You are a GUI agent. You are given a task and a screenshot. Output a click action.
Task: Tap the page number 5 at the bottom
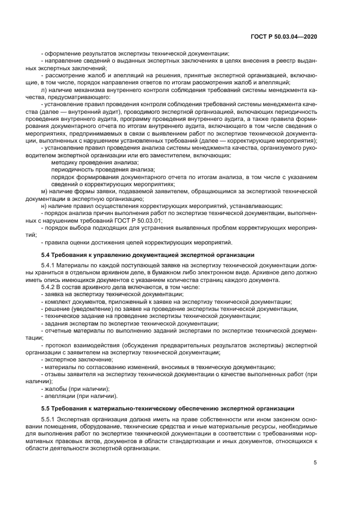pyautogui.click(x=315, y=463)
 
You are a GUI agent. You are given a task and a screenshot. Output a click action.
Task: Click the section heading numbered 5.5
pyautogui.click(x=168, y=408)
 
